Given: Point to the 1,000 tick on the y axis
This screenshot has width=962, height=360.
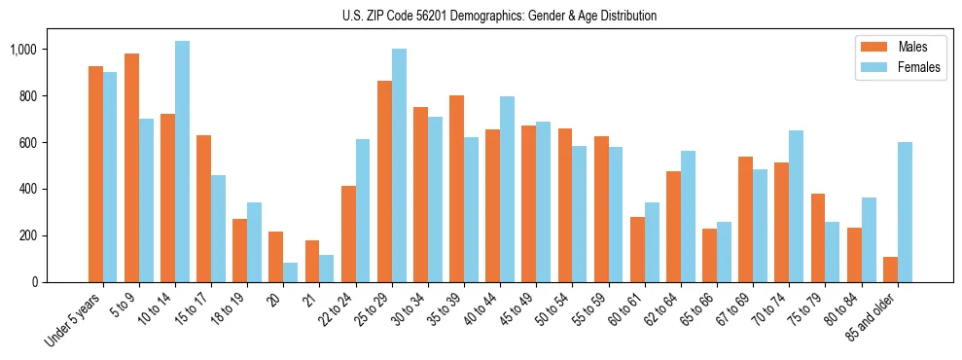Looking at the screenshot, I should (x=34, y=50).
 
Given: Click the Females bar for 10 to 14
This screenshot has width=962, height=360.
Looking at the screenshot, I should (x=183, y=162).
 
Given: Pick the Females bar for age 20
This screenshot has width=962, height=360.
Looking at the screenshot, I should (x=291, y=272).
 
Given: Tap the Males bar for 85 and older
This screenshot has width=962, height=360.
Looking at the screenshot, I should (x=890, y=270).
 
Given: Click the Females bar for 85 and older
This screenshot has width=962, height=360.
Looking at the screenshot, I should (x=905, y=212).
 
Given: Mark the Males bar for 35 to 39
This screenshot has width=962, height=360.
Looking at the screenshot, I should (x=456, y=189).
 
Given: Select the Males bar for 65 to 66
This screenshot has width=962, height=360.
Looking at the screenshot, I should (x=709, y=255).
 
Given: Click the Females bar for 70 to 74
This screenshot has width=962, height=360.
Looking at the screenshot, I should (x=797, y=206).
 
